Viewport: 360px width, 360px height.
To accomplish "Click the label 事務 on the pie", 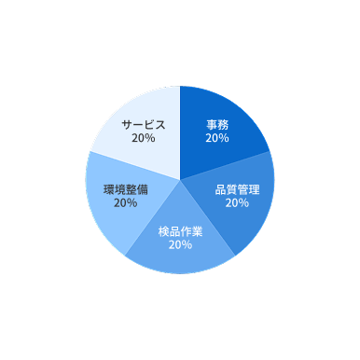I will tap(217, 123).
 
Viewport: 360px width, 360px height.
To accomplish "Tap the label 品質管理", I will tap(237, 189).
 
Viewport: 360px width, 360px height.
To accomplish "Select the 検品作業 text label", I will tap(180, 231).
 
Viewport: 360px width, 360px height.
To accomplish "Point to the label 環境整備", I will tap(125, 188).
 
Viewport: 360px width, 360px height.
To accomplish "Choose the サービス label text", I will tap(144, 124).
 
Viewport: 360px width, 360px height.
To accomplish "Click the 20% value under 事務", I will tap(217, 137).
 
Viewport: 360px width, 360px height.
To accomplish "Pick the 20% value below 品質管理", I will tap(237, 202).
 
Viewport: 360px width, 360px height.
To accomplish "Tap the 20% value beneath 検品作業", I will tap(180, 244).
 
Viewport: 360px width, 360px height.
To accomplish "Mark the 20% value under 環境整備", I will tap(125, 202).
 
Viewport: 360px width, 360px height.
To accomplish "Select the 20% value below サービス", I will tap(144, 138).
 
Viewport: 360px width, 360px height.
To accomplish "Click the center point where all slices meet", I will tap(180, 180).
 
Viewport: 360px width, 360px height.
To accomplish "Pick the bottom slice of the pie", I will tap(180, 256).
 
